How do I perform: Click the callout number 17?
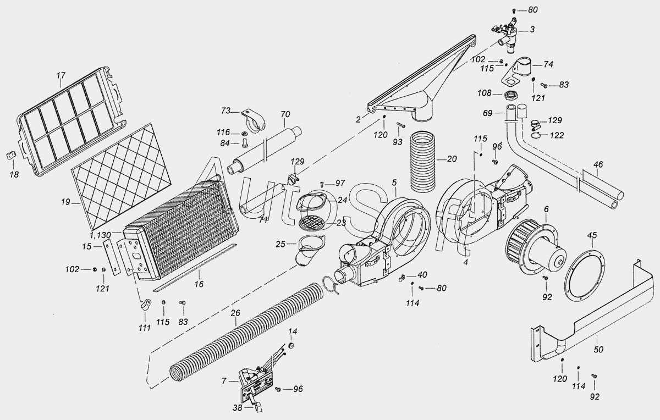coord(61,75)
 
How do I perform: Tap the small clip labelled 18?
coord(11,155)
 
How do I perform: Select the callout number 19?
coord(65,202)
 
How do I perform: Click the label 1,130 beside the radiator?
coord(101,235)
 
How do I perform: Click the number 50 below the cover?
coord(599,350)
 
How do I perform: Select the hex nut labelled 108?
coord(511,96)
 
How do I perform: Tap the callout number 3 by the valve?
coord(532,30)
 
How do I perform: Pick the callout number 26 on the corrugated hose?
coord(235,313)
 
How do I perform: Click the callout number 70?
coord(285,114)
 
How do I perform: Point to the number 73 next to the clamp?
coord(226,110)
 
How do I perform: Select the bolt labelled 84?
coord(244,143)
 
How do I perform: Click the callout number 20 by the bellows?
coord(452,159)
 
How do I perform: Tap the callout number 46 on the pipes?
coord(598,164)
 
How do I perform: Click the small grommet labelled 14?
coord(291,345)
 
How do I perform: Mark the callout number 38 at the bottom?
coord(238,408)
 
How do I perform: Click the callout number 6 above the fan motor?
coord(547,209)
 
